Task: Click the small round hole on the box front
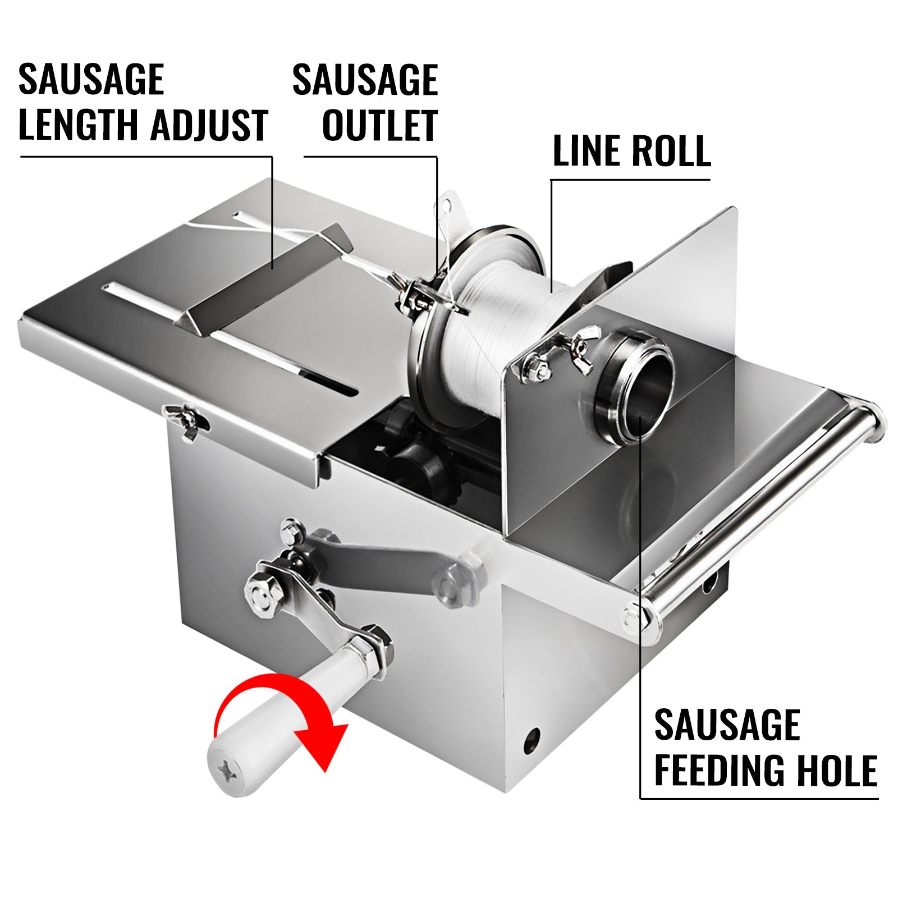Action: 531,741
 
